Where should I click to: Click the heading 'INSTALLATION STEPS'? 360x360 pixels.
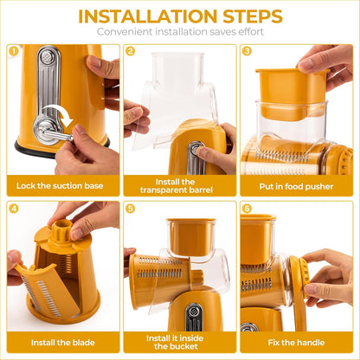coord(180,16)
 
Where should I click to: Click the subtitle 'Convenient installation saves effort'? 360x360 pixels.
coord(180,32)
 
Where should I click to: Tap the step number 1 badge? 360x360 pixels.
coord(13,51)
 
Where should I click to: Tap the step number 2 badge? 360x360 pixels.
coord(130,51)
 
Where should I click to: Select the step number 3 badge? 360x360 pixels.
coord(247,51)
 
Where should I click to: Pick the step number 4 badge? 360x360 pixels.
coord(13,209)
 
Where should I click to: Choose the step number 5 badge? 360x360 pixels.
coord(130,209)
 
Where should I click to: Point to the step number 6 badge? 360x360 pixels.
coord(247,209)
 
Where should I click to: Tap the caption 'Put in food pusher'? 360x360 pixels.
coord(297,185)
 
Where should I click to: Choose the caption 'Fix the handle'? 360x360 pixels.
coord(297,341)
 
